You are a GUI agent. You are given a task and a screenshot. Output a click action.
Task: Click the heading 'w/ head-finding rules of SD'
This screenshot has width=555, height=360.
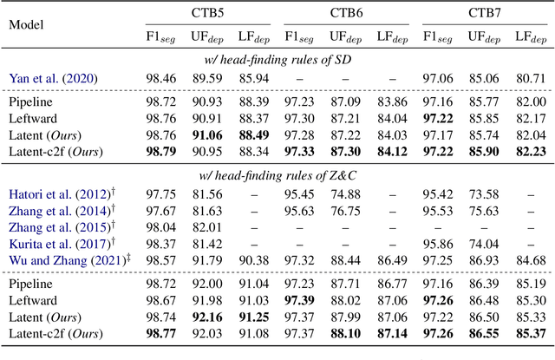277,58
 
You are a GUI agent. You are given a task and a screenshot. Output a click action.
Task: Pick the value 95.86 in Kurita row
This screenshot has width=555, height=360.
440,245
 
